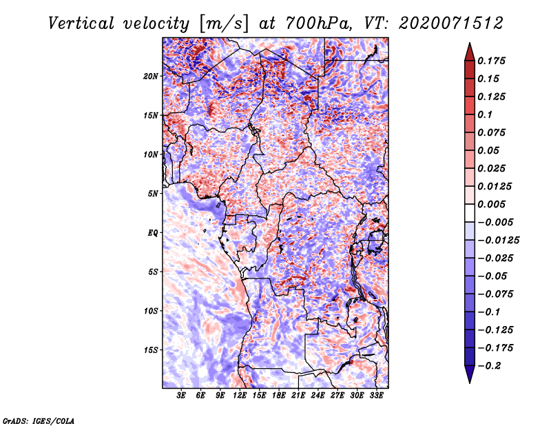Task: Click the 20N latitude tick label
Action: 150,77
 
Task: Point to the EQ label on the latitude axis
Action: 153,233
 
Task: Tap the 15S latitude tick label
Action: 150,350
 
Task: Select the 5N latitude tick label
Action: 153,194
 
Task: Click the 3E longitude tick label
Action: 181,396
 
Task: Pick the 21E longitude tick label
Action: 298,396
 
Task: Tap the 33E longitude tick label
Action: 376,396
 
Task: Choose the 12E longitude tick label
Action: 239,396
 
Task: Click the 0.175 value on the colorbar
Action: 491,61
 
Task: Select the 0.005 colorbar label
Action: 491,204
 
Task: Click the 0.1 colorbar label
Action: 485,114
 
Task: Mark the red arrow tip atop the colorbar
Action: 470,43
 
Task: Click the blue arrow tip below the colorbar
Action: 470,383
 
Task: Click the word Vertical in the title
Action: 81,23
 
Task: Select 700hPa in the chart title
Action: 318,23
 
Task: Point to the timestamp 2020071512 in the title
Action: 451,23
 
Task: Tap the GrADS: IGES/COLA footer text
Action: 39,420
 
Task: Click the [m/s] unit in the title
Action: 224,24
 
